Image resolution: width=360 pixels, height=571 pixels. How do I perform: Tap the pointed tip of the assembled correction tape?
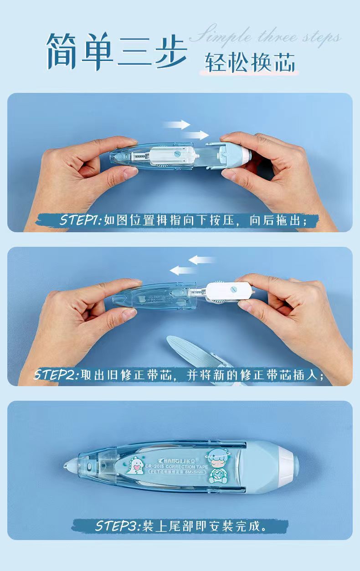(67, 466)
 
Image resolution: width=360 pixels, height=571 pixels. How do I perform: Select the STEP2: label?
(57, 375)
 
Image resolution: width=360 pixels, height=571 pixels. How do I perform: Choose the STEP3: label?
(118, 526)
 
